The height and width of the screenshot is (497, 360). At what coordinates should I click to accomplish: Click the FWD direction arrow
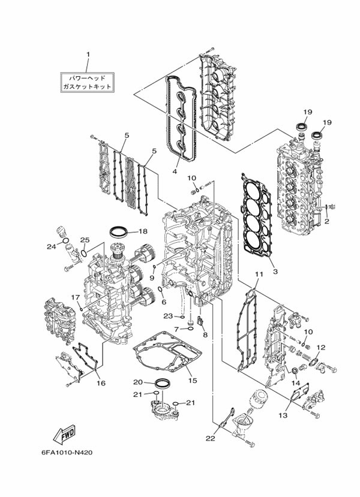(x=64, y=434)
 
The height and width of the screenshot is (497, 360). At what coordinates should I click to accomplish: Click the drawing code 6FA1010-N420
(x=67, y=453)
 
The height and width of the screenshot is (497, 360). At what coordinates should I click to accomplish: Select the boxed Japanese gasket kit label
(x=87, y=82)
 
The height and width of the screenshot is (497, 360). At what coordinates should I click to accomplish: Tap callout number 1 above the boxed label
(x=88, y=54)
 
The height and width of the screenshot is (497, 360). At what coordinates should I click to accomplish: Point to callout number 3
(x=275, y=272)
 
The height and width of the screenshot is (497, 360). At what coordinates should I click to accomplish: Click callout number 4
(x=175, y=171)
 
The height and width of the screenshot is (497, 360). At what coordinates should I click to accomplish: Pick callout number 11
(x=259, y=274)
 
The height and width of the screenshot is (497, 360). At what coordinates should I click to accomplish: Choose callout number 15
(x=193, y=380)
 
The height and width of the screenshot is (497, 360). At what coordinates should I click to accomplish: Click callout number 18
(x=143, y=231)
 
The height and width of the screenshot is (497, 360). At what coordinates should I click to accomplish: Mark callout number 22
(x=210, y=438)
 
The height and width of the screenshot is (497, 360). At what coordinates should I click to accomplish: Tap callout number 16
(x=101, y=383)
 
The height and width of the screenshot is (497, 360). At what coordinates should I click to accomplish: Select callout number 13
(x=283, y=415)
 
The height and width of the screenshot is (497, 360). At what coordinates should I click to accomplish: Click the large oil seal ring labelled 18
(x=119, y=231)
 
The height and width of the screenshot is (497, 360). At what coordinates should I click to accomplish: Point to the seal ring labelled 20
(x=162, y=383)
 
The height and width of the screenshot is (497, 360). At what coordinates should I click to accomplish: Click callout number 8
(x=205, y=335)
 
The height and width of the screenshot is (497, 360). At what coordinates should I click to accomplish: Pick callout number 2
(x=326, y=222)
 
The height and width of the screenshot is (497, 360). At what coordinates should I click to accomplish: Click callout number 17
(x=75, y=297)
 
